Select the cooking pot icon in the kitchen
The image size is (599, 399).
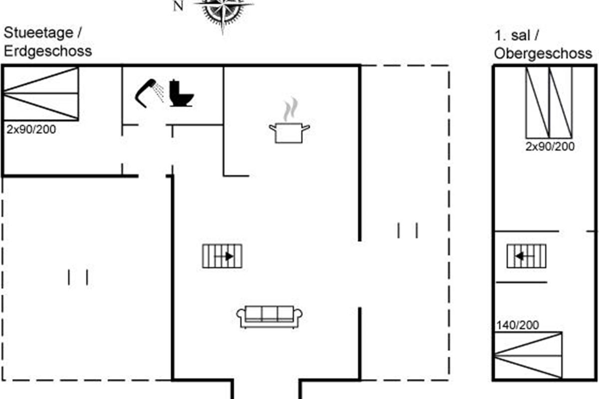click(x=290, y=133)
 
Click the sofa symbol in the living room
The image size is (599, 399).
click(x=269, y=317)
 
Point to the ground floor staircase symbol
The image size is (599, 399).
click(x=222, y=256)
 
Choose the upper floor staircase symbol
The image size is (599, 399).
click(x=527, y=256)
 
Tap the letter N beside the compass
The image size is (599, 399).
click(x=178, y=6)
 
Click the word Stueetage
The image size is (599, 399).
click(x=38, y=33)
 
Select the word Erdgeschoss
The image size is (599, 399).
click(x=48, y=51)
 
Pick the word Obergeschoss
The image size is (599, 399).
click(x=543, y=53)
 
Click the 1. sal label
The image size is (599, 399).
click(x=512, y=35)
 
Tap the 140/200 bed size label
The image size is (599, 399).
click(x=518, y=325)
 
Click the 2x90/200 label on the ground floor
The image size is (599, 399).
click(x=31, y=129)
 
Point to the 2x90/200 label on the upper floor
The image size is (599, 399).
click(x=550, y=147)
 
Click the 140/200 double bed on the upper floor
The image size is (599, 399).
click(x=528, y=355)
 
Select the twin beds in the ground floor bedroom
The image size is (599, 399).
click(x=41, y=94)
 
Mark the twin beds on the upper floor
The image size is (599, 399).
click(x=549, y=103)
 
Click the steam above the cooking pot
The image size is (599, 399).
click(x=291, y=110)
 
